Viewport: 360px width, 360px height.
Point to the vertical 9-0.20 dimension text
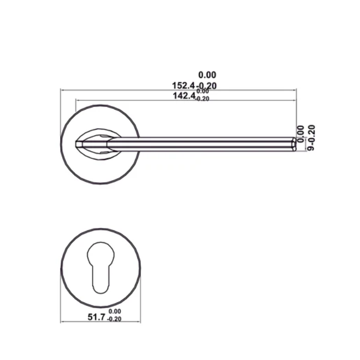coord(311,138)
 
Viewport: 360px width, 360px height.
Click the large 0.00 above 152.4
coord(207,75)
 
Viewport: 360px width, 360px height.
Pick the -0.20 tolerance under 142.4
coord(202,99)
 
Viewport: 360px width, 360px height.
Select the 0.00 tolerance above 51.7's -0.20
coord(115,311)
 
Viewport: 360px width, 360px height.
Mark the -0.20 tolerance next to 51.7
coord(115,319)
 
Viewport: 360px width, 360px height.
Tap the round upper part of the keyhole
coord(101,256)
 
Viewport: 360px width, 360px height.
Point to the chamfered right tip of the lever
coord(294,144)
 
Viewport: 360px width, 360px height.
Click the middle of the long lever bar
coord(201,144)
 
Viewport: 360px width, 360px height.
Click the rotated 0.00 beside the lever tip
coord(301,130)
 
